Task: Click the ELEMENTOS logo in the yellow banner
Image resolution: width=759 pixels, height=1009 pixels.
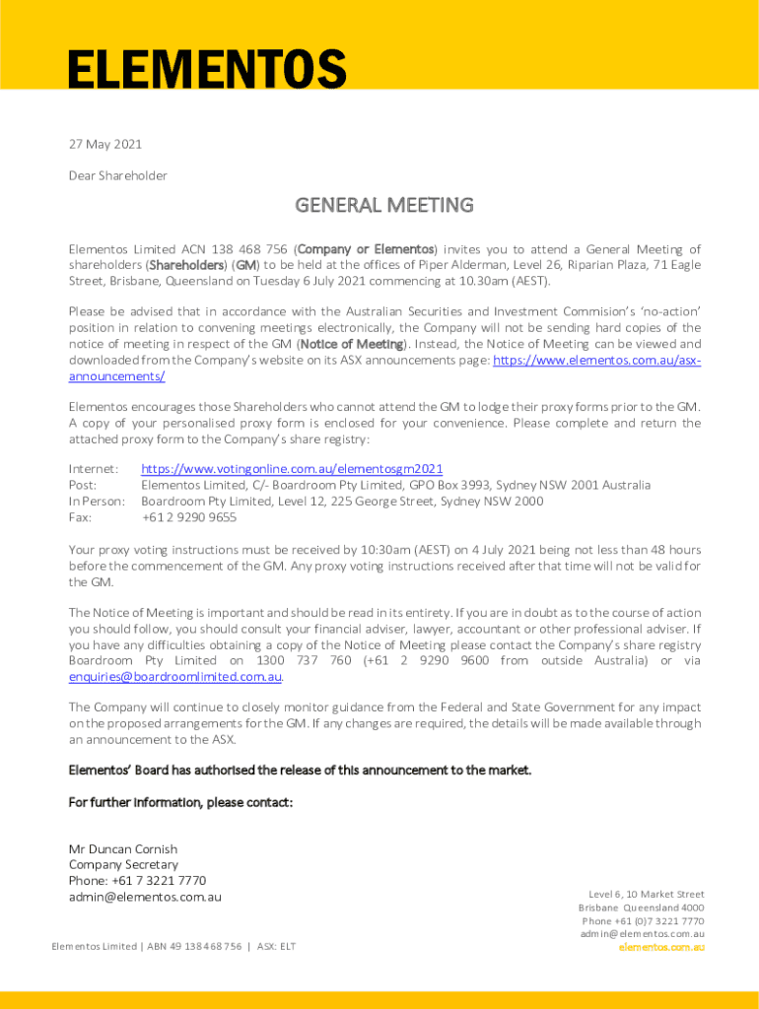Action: click(207, 70)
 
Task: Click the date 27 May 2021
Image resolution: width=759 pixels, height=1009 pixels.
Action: click(105, 144)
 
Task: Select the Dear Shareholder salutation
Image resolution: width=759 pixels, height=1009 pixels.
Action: click(118, 175)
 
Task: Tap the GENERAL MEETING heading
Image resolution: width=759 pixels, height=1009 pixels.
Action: click(384, 205)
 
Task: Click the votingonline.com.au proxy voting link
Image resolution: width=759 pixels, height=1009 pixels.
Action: click(292, 469)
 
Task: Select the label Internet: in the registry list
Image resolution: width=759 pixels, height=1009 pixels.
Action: click(94, 469)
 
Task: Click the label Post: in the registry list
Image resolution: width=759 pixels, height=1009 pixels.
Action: click(83, 485)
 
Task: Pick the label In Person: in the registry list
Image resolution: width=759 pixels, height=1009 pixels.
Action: click(97, 501)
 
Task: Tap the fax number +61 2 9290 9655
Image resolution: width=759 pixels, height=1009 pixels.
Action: click(189, 516)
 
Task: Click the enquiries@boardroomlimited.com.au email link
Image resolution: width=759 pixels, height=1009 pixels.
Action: click(175, 677)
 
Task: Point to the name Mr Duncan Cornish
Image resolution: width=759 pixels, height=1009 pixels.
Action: click(123, 848)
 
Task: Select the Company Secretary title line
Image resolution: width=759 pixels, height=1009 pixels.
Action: click(123, 864)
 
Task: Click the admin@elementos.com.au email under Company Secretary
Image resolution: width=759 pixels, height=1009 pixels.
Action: click(145, 897)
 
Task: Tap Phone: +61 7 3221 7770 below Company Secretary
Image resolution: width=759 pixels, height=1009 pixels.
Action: click(137, 880)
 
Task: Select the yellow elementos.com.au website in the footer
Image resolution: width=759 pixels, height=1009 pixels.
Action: click(661, 947)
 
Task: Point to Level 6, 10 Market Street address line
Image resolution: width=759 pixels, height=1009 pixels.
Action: click(647, 894)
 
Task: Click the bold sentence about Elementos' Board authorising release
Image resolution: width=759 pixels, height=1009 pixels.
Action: click(300, 770)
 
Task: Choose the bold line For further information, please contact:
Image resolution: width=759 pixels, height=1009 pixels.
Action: click(180, 802)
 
